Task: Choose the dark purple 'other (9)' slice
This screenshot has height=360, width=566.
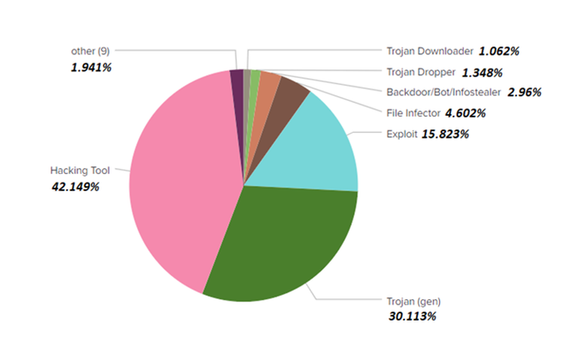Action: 237,79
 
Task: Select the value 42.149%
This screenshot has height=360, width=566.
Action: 75,186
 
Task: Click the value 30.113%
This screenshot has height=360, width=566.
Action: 411,317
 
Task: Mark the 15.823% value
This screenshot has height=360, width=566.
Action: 445,134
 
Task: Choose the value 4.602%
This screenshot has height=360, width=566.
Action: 466,113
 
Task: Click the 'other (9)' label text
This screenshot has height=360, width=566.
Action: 90,51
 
